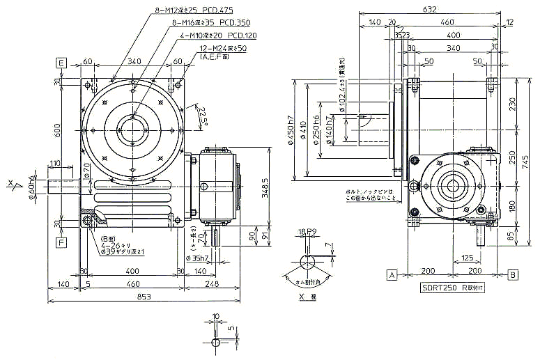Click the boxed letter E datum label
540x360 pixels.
(x=61, y=63)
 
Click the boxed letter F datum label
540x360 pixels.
(x=61, y=243)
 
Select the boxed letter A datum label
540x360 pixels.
(x=392, y=274)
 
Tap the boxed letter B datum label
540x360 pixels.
(x=512, y=274)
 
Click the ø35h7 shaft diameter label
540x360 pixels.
(x=198, y=258)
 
